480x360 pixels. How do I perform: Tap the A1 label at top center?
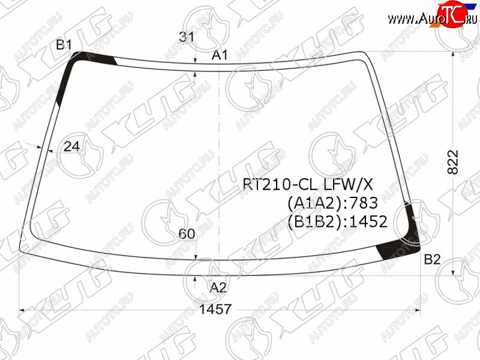(x=220, y=55)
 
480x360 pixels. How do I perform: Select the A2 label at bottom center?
(x=218, y=288)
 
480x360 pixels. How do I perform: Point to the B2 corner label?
(x=432, y=260)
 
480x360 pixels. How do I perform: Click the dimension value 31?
(x=187, y=37)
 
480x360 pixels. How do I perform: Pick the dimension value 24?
(x=71, y=146)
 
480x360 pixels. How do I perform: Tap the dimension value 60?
(x=187, y=234)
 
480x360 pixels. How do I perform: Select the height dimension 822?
(x=453, y=162)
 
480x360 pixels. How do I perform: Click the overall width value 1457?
(x=215, y=309)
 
